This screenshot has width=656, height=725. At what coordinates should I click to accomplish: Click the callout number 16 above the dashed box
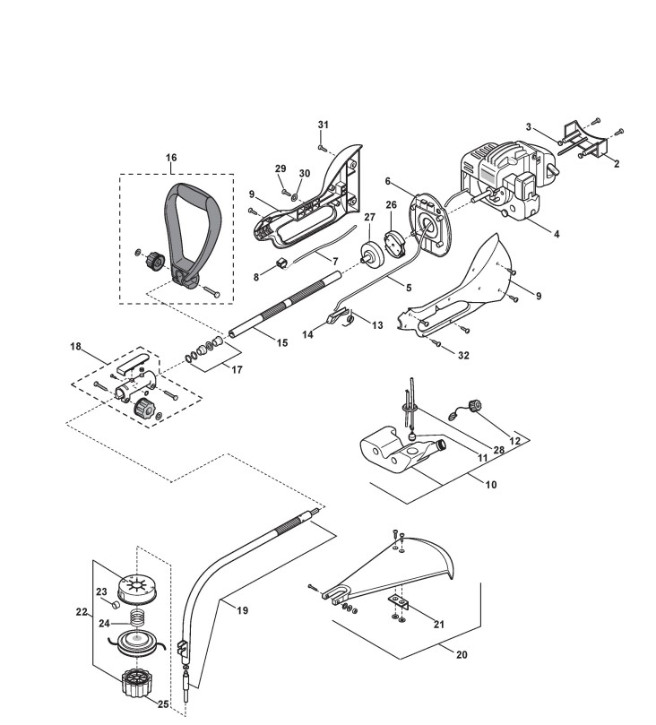click(171, 158)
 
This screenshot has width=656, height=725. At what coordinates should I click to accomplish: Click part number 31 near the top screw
click(324, 125)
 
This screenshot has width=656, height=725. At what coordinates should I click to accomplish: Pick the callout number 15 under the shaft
click(282, 342)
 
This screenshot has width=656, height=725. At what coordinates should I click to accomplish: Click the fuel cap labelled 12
click(474, 405)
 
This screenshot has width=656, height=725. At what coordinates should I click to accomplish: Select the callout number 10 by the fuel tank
click(491, 485)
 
